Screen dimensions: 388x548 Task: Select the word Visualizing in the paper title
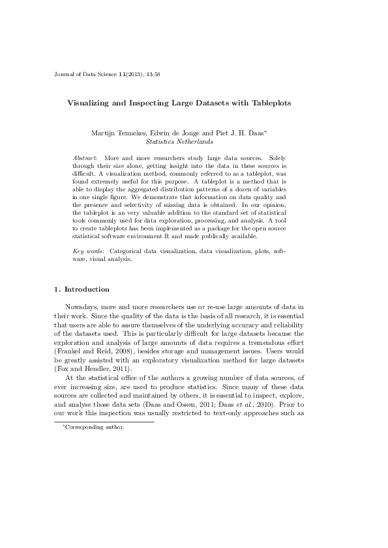click(x=91, y=103)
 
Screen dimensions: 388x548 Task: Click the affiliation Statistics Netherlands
click(x=179, y=141)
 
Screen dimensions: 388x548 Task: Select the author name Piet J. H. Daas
click(x=238, y=133)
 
